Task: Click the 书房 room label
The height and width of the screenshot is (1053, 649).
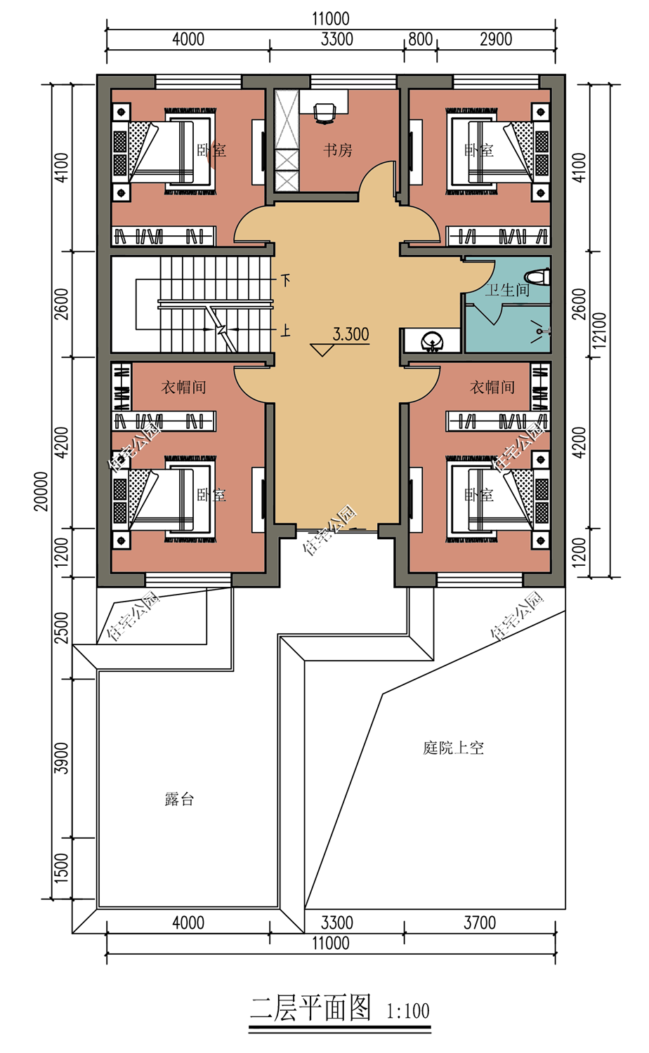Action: coord(337,150)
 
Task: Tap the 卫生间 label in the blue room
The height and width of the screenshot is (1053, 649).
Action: coord(507,290)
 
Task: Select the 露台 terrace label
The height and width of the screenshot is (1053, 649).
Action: coord(178,799)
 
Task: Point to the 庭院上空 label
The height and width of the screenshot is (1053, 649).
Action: coord(453,748)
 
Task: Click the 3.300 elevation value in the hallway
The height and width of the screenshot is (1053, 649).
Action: coord(350,334)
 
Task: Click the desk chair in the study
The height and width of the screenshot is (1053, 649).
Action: coord(324,112)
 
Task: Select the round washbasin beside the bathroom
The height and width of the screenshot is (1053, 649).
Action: coord(431,342)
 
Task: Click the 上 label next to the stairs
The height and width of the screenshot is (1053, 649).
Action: coord(285,331)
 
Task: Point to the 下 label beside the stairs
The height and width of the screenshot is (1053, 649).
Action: coord(285,280)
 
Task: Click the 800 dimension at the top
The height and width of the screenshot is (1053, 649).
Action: coord(420,39)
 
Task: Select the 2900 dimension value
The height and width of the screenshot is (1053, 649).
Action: coord(496,39)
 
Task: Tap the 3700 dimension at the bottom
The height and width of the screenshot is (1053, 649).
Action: coord(479,922)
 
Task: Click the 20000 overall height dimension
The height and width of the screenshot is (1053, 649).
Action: coord(42,491)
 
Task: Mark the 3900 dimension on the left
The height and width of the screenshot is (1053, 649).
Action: coord(63,758)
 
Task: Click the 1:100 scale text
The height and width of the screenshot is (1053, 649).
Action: coord(407,1011)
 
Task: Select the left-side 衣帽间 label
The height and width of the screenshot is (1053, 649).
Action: coord(183,387)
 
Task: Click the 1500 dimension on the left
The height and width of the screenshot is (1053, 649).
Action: coord(63,868)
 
